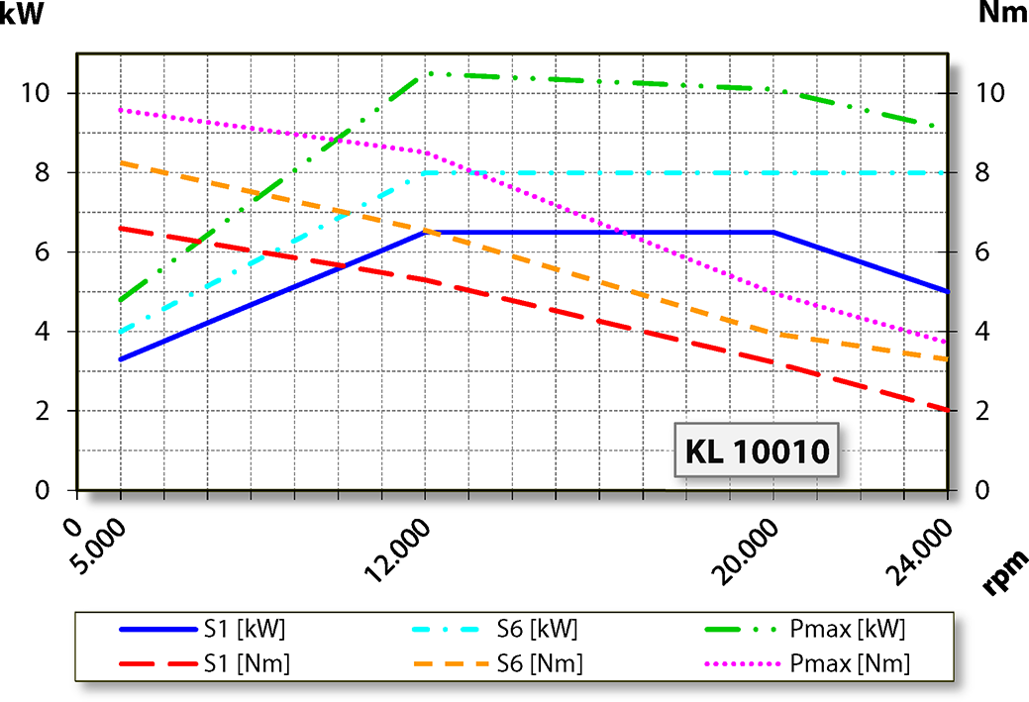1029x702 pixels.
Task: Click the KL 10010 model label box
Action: [757, 451]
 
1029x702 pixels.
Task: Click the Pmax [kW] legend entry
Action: [847, 629]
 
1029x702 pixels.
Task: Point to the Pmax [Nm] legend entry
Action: [849, 663]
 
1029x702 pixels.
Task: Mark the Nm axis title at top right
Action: [1001, 13]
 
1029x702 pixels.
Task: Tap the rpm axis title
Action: [1002, 574]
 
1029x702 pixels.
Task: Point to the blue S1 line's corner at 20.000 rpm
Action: [773, 233]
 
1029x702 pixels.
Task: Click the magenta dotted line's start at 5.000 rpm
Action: [121, 110]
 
